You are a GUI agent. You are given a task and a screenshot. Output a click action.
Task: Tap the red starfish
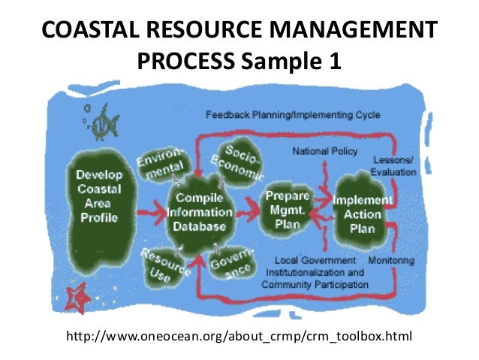pyautogui.click(x=77, y=299)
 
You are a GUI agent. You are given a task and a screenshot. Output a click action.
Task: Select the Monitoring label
pyautogui.click(x=391, y=260)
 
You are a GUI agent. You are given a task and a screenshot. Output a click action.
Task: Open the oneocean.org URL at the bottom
pyautogui.click(x=239, y=334)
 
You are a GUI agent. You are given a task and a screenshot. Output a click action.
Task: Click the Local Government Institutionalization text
pyautogui.click(x=315, y=272)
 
